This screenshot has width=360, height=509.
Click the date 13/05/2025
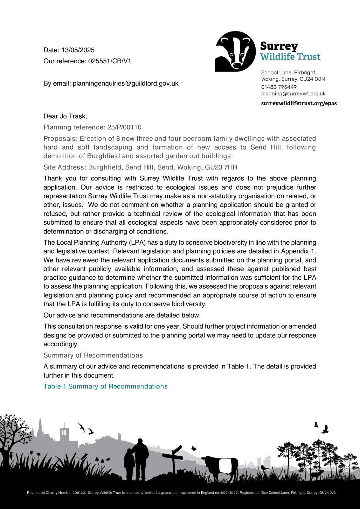[x=78, y=50]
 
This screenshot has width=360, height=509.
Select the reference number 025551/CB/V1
[x=109, y=61]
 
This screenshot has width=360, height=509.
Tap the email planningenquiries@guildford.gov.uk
[x=126, y=83]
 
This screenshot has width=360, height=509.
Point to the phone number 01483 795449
[x=279, y=87]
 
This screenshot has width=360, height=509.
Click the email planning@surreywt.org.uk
[x=293, y=94]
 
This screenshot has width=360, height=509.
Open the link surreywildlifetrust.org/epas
[x=299, y=103]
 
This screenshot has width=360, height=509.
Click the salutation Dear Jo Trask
[x=65, y=116]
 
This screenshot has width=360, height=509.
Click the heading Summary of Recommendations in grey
[x=93, y=355]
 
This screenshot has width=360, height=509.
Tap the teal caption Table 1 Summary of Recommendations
[x=106, y=386]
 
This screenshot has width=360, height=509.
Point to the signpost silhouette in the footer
[x=173, y=461]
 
